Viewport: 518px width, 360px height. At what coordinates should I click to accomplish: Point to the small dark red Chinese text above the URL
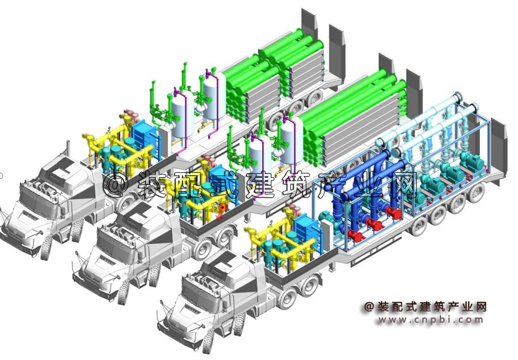pos(426,307)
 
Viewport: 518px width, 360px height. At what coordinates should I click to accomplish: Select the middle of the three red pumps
pos(375,225)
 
